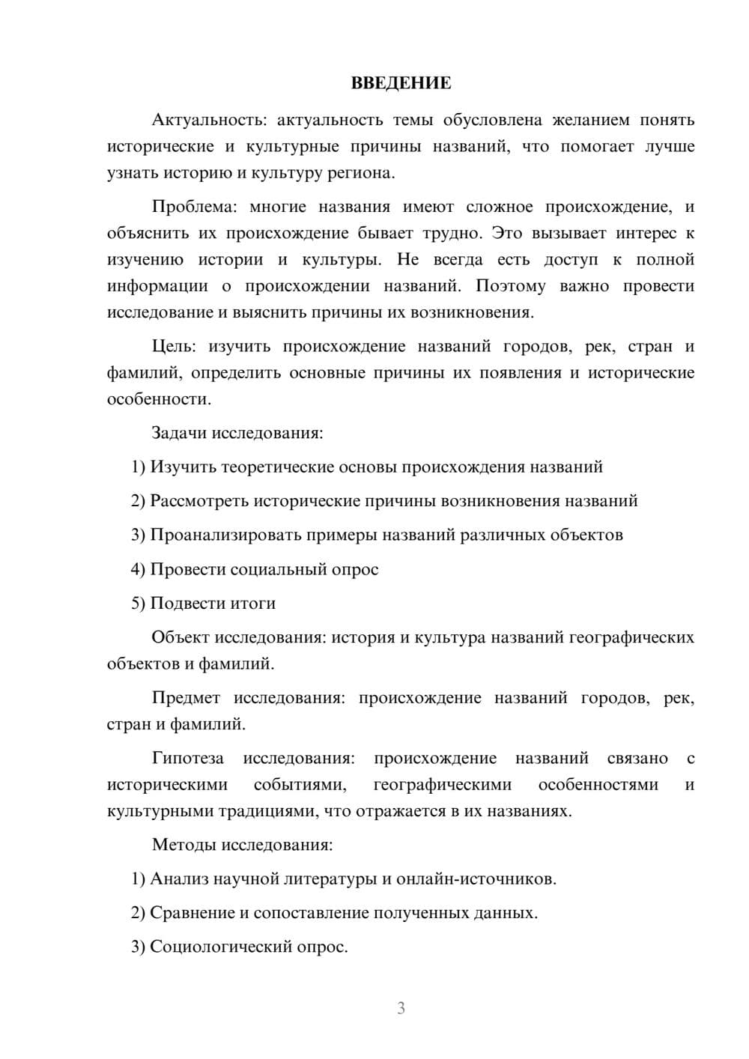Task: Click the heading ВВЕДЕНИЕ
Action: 401,83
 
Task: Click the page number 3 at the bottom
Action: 401,1008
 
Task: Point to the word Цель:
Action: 174,346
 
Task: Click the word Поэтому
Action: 510,286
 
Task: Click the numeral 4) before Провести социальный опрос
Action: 138,569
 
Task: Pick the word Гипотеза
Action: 188,758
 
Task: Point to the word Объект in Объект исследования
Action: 181,637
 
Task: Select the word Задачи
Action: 179,433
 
